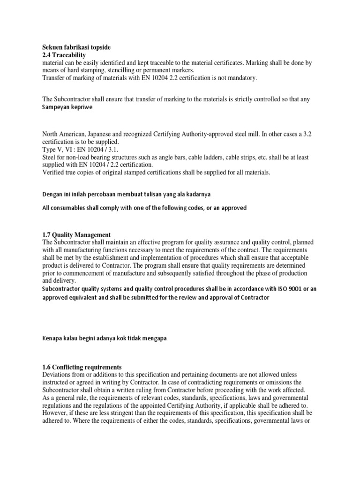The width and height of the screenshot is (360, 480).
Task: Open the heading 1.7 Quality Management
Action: pos(76,234)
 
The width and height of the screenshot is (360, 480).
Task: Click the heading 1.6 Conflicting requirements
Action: pos(82,367)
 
